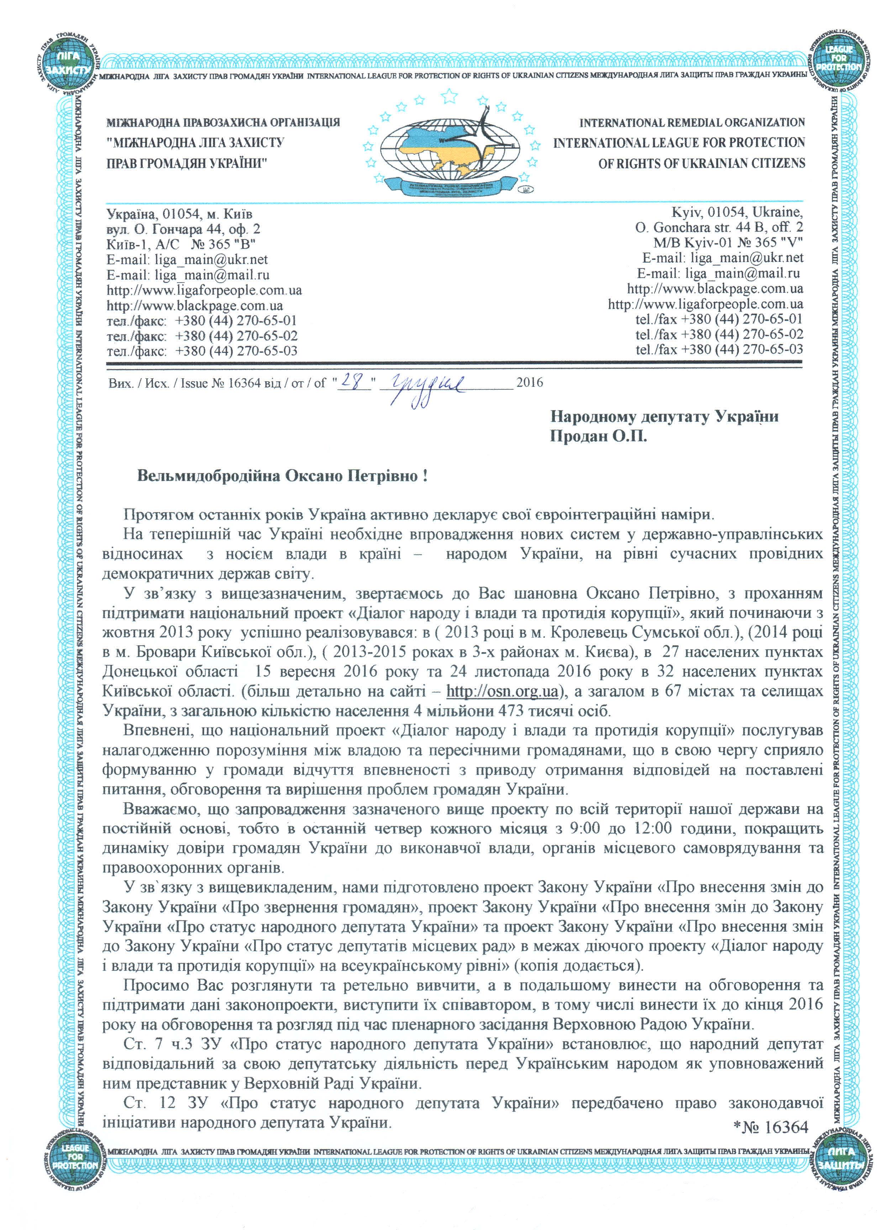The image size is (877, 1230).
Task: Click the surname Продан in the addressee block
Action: click(x=578, y=436)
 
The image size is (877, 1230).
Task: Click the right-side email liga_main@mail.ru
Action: click(x=742, y=273)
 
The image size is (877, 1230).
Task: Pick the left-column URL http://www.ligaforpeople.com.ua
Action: click(x=204, y=290)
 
